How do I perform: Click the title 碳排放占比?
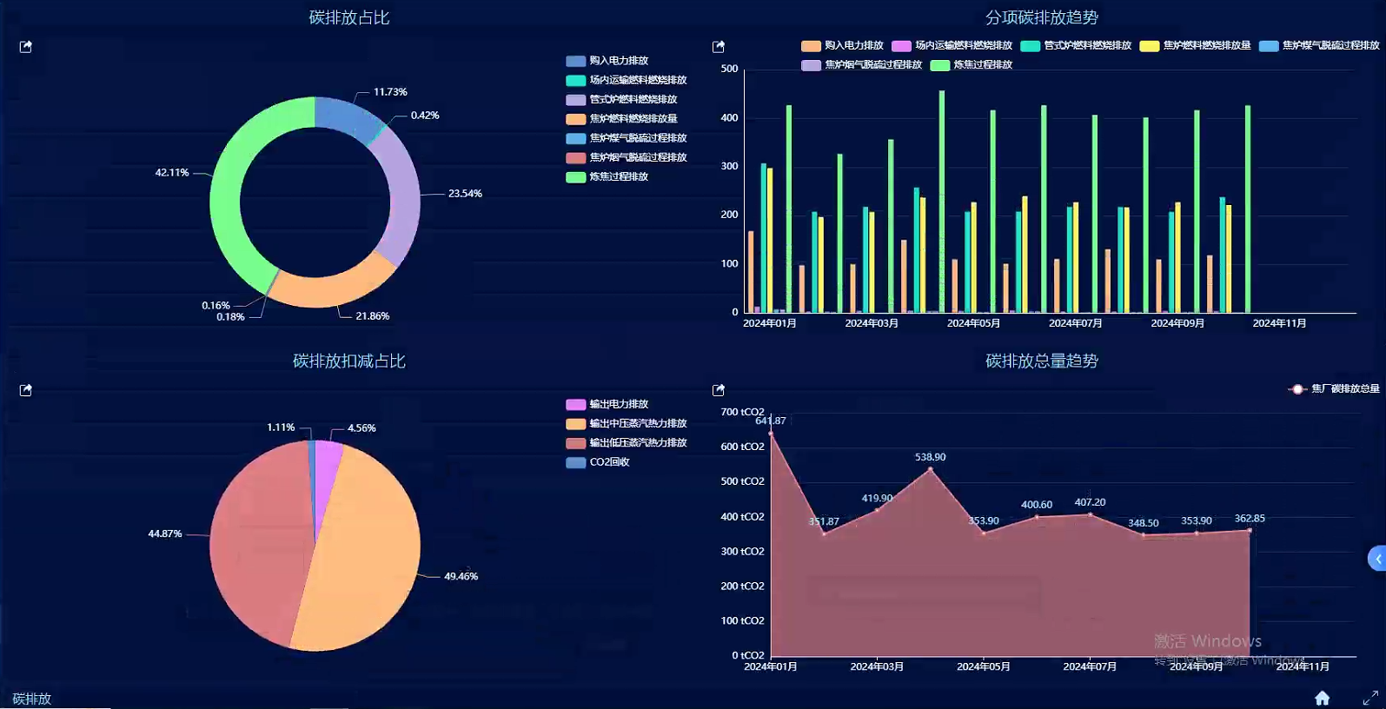coord(348,17)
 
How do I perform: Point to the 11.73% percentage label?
coord(390,92)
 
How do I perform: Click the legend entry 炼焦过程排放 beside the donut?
coord(618,177)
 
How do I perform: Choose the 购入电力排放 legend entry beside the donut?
coord(618,61)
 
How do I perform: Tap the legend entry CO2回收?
coord(608,462)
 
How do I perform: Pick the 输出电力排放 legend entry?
coord(618,404)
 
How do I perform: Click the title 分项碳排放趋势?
coord(1041,17)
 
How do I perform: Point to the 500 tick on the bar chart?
coord(729,69)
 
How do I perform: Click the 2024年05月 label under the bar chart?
coord(973,323)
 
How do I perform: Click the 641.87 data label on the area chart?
coord(771,421)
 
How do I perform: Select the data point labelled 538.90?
coord(931,469)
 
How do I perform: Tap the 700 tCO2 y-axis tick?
coord(742,412)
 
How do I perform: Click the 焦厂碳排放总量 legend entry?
coord(1343,389)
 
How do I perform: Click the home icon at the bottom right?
coord(1322,698)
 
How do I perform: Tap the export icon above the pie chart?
coord(26,390)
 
